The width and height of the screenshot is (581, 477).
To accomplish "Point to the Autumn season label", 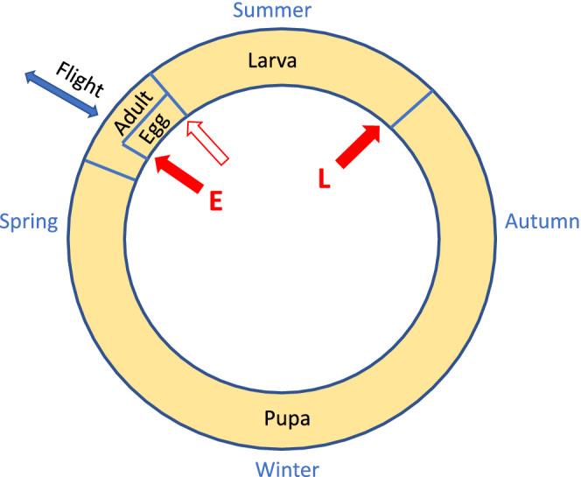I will tap(542, 221).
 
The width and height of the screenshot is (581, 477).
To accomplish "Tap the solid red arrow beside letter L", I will tap(358, 146).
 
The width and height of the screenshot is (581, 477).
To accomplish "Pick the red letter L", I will tap(325, 179).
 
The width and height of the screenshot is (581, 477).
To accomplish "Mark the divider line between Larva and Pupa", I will tap(410, 108).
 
